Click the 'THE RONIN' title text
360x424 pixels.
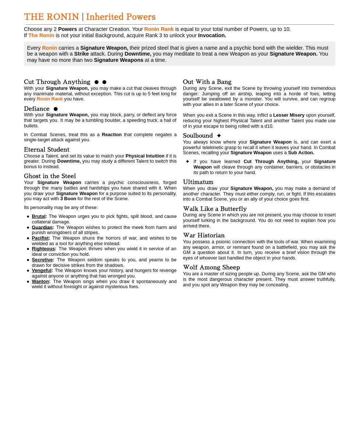click(x=51, y=17)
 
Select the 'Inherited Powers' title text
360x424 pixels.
click(x=121, y=17)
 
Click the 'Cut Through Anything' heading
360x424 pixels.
click(x=57, y=82)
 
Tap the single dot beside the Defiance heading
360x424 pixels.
click(x=56, y=109)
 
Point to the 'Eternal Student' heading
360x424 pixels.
click(x=47, y=150)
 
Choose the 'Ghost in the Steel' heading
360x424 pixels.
click(x=50, y=176)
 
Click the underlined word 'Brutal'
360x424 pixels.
click(x=39, y=216)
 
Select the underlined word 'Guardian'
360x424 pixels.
click(x=42, y=227)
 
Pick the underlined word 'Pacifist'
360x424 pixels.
click(x=40, y=238)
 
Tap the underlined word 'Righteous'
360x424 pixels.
click(x=43, y=249)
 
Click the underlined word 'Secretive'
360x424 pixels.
click(x=42, y=260)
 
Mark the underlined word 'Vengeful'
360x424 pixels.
click(x=42, y=271)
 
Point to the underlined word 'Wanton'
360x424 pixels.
click(x=40, y=282)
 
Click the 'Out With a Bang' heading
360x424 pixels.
click(x=207, y=82)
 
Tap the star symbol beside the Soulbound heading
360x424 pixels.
click(x=219, y=136)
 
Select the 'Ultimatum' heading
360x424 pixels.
click(x=198, y=182)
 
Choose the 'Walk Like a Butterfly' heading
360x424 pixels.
click(x=215, y=209)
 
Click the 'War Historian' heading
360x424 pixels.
click(x=204, y=236)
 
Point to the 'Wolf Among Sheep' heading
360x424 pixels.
click(x=211, y=268)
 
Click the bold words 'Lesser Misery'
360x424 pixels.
click(x=289, y=115)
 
